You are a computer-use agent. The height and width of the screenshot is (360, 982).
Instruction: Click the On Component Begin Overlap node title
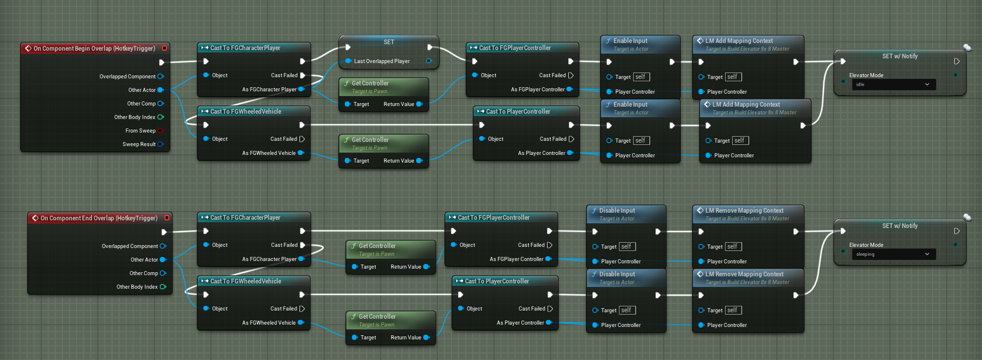coord(94,48)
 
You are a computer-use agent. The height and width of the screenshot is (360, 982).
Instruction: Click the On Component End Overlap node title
coord(99,218)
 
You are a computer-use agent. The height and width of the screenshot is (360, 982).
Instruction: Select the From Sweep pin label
coord(140,131)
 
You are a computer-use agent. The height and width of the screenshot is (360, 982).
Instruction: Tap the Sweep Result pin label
coord(139,144)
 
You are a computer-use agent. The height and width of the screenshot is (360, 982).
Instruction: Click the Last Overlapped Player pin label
coord(381,61)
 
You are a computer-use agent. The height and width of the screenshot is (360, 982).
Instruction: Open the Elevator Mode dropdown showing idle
coord(893,85)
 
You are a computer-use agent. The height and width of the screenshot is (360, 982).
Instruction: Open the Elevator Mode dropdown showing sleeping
coord(893,255)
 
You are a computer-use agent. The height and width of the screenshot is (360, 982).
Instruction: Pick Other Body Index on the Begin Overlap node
coord(135,117)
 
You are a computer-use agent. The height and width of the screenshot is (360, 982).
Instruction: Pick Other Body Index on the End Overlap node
coord(137,287)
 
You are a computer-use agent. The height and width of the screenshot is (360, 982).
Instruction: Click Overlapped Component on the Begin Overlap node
coord(127,77)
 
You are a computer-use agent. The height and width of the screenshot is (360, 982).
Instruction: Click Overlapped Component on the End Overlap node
coord(130,246)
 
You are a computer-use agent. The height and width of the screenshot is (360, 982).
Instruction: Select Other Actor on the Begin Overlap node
coord(142,90)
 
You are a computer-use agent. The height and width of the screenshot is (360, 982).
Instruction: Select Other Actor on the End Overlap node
coord(144,260)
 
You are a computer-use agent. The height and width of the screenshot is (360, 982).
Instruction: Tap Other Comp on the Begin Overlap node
coord(141,104)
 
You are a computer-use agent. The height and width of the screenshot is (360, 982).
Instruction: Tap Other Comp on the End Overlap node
coord(144,273)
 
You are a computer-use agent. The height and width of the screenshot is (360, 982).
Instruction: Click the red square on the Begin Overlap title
coord(164,48)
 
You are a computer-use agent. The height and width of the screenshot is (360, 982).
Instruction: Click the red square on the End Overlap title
coord(167,218)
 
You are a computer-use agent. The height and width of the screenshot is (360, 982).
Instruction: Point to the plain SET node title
coord(388,42)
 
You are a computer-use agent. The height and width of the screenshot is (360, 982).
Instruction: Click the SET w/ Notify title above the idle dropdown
coord(899,57)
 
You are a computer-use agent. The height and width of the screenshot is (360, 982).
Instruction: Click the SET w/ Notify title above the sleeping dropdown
coord(899,226)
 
